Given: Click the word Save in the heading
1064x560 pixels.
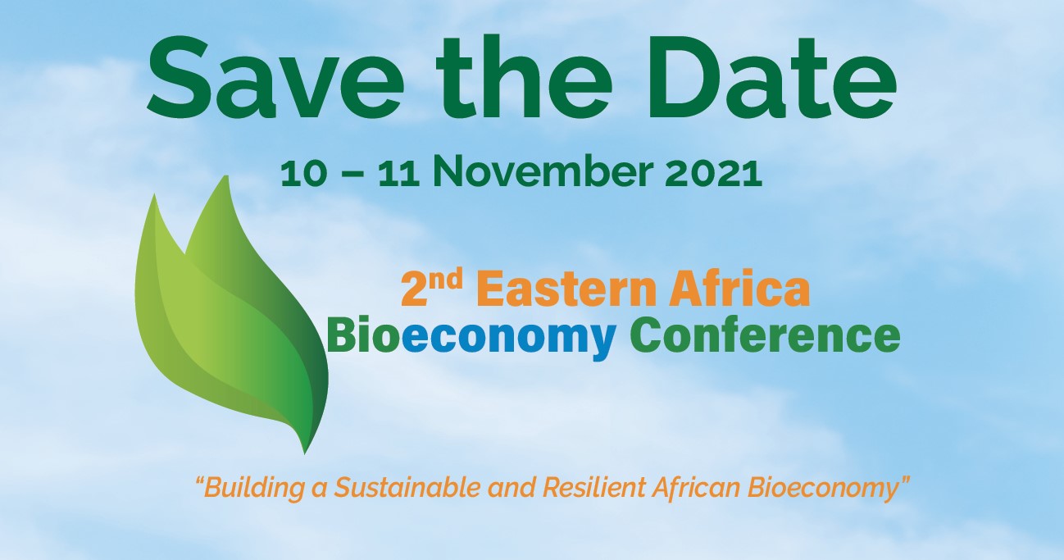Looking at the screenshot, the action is tap(275, 78).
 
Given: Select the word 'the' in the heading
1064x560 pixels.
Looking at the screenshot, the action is tap(524, 77).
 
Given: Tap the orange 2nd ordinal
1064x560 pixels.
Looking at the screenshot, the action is tap(432, 287).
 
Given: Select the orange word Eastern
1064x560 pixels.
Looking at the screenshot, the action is tap(569, 288).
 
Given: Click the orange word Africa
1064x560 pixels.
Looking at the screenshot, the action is tap(739, 287).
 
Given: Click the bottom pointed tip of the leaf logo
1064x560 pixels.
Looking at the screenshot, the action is tap(305, 453).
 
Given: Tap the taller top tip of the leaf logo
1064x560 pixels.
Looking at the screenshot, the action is tap(226, 177).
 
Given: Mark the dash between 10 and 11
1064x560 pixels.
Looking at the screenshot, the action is tap(352, 174).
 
